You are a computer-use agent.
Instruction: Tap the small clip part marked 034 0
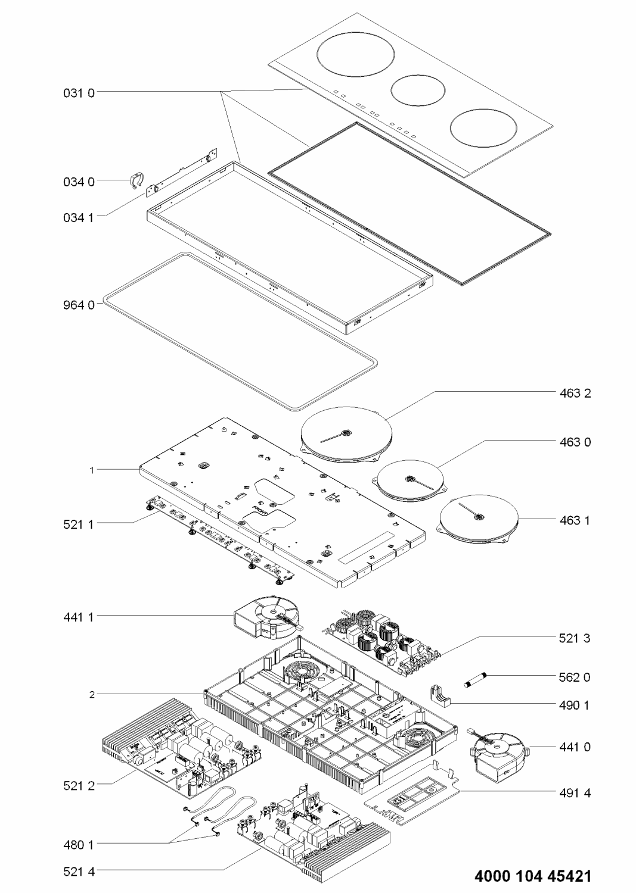pyautogui.click(x=136, y=180)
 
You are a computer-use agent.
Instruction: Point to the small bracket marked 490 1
pyautogui.click(x=439, y=696)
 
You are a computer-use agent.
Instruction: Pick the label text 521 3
pyautogui.click(x=575, y=638)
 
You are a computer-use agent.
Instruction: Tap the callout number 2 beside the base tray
pyautogui.click(x=92, y=694)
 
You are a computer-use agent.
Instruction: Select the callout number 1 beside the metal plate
pyautogui.click(x=92, y=470)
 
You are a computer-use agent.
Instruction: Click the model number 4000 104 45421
pyautogui.click(x=533, y=876)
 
